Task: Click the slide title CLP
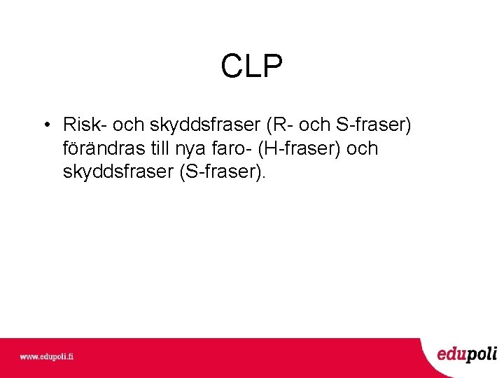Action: coord(252,67)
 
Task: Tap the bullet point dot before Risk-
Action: coord(45,126)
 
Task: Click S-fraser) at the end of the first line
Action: coord(374,125)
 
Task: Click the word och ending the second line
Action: coord(362,149)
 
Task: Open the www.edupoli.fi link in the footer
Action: coord(46,356)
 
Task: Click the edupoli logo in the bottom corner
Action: coord(467,354)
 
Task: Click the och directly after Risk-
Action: coord(127,125)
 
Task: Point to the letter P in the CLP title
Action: coord(273,67)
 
